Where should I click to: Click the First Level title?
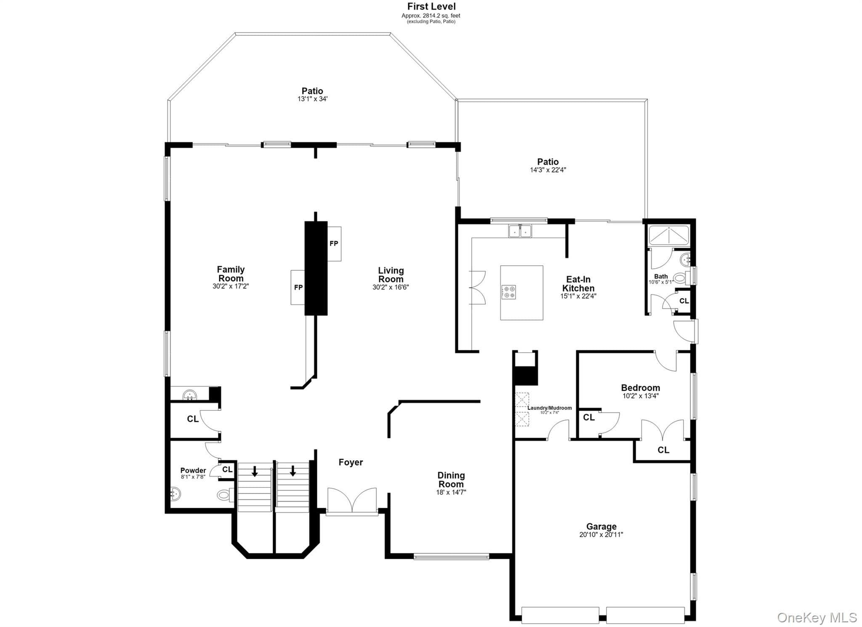coord(431,6)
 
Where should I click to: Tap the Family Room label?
coord(231,274)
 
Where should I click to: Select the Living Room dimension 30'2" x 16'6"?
coord(391,287)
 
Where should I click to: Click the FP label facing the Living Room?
coord(334,243)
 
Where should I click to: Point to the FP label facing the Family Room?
coord(298,288)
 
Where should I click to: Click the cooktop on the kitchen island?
coord(509,292)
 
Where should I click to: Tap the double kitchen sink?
coord(520,231)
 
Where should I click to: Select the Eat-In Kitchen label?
coord(578,284)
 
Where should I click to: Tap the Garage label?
coord(601,526)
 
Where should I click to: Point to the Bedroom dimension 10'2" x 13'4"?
coord(640,396)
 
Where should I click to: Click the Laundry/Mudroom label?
coord(549,408)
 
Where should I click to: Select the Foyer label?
coord(351,462)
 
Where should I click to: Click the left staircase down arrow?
coord(255,471)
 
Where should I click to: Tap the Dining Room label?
coord(451,480)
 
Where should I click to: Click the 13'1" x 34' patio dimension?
coord(312,99)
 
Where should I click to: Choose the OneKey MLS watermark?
coord(817,617)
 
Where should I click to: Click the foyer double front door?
coord(352,501)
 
